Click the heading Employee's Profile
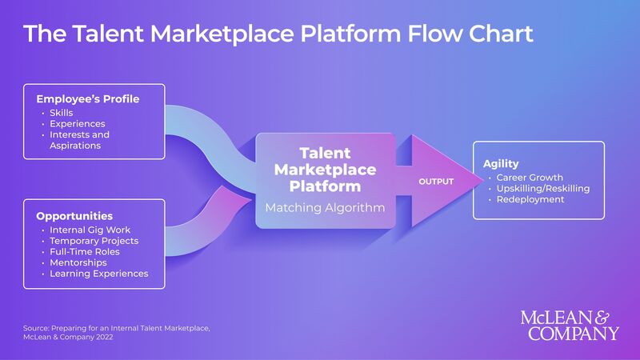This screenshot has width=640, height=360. (88, 99)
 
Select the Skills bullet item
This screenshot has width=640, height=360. (62, 113)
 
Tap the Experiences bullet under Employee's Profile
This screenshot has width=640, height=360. (78, 124)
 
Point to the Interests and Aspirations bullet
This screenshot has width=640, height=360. (79, 140)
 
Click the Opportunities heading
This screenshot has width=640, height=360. (74, 216)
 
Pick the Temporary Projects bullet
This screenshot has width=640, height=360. (94, 241)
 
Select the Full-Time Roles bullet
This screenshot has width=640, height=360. (85, 252)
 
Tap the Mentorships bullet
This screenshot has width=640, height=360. (78, 262)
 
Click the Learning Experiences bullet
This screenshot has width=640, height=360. (98, 274)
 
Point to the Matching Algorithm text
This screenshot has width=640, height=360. (325, 208)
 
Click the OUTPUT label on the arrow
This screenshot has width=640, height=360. (436, 182)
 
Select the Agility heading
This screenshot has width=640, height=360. (501, 164)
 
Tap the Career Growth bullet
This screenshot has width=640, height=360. (530, 178)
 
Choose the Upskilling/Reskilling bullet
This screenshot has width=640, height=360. (543, 188)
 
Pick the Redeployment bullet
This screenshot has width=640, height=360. (530, 199)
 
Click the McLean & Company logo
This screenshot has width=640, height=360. (570, 325)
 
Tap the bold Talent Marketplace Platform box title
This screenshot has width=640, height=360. (325, 169)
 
